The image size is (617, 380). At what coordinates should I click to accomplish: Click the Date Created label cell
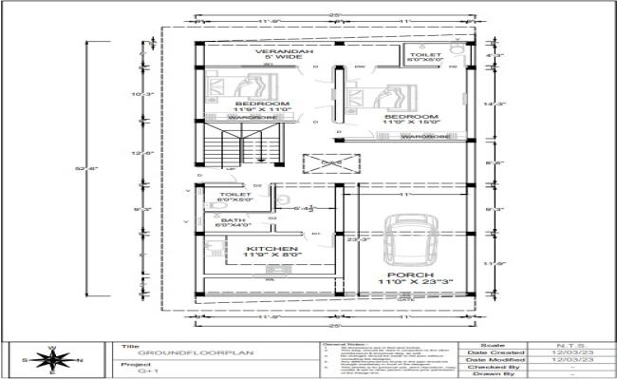tap(492, 353)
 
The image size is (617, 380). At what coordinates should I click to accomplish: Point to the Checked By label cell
tap(492, 370)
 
